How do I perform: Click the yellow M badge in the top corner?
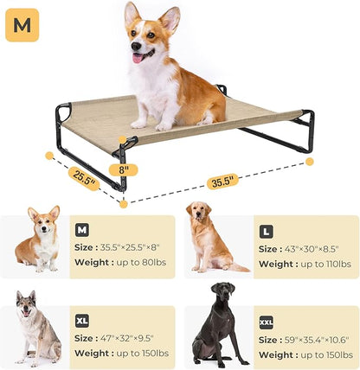[x=22, y=25]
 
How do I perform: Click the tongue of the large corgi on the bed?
[x=137, y=59]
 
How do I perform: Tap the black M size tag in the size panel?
[x=82, y=230]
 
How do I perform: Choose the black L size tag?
[x=267, y=231]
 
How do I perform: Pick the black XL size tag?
[x=82, y=320]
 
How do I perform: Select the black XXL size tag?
[x=267, y=322]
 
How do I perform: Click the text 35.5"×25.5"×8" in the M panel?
[x=130, y=247]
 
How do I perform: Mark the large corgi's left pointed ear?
[x=132, y=15]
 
